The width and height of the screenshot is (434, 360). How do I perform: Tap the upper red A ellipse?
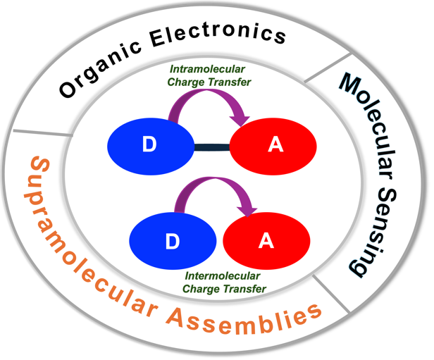click(275, 145)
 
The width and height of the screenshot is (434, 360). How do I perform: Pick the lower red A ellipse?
click(266, 241)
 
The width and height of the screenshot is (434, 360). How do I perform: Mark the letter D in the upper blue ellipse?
click(149, 145)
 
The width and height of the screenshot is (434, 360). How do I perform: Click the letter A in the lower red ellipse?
click(266, 241)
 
